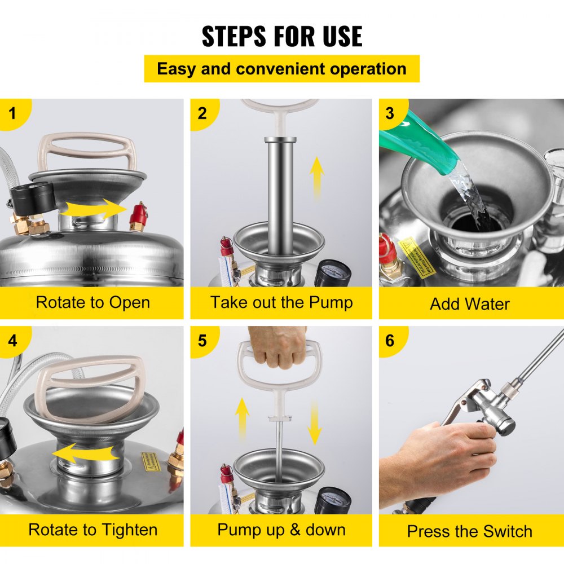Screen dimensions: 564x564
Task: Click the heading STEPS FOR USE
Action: [282, 36]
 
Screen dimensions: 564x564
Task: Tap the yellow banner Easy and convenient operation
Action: [281, 69]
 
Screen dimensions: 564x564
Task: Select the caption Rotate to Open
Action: [92, 302]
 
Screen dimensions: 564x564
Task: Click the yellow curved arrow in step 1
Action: [93, 209]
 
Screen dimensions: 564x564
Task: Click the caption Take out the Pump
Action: [281, 302]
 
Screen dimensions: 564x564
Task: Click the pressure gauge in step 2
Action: [333, 274]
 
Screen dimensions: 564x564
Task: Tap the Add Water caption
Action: [470, 304]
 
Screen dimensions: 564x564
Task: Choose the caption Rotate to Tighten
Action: [92, 530]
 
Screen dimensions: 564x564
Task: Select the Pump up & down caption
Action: [281, 530]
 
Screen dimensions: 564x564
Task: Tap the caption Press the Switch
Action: [470, 531]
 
